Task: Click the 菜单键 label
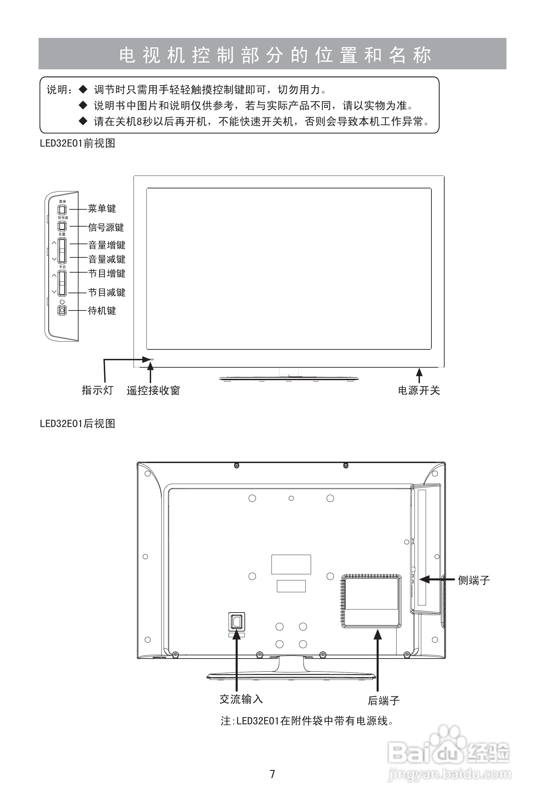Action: tap(102, 209)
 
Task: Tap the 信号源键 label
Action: tap(106, 228)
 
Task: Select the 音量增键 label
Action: tap(106, 245)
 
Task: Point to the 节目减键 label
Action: tap(106, 292)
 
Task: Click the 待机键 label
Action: tap(102, 311)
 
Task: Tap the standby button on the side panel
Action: tap(62, 310)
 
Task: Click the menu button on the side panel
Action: tap(62, 210)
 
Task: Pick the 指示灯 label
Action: tap(97, 390)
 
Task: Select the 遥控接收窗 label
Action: tap(153, 391)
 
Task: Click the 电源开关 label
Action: tap(419, 391)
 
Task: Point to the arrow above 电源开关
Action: tap(419, 375)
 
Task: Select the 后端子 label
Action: tap(384, 700)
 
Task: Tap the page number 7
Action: tap(272, 774)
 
